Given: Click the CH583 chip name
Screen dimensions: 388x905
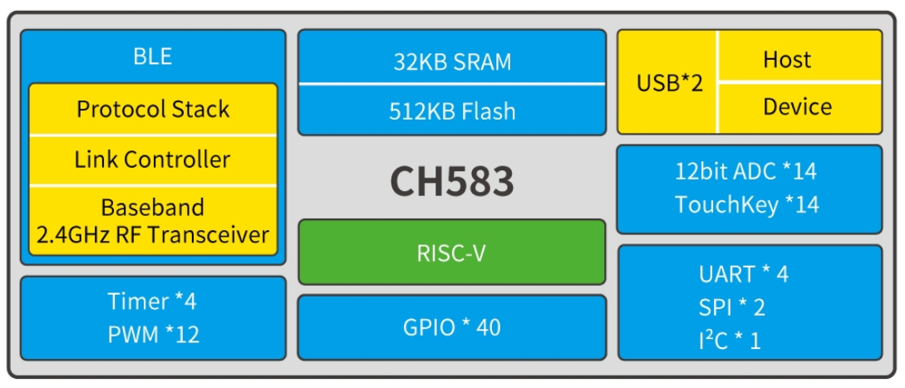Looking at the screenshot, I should click(x=452, y=182).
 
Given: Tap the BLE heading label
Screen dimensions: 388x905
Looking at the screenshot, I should click(x=153, y=56).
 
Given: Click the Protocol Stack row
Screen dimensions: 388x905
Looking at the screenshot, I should click(x=153, y=109).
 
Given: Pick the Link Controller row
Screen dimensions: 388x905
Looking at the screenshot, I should click(x=153, y=159).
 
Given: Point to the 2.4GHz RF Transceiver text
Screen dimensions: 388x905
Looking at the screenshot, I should click(x=153, y=233).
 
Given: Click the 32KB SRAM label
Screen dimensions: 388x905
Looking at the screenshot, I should click(x=452, y=62).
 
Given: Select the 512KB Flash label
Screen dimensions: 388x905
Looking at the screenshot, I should click(x=452, y=111).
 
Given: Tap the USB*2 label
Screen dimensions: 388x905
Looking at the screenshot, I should click(x=670, y=83).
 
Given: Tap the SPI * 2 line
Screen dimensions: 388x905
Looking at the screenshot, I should click(x=731, y=307).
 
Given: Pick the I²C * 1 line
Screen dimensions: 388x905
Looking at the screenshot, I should click(x=730, y=339).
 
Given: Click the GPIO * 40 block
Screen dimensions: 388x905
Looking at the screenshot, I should click(x=452, y=327).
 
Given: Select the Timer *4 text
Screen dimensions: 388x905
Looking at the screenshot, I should click(x=152, y=301).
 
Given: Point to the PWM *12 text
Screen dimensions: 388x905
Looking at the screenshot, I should click(x=153, y=335).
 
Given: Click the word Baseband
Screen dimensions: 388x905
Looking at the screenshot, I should click(x=153, y=207).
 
